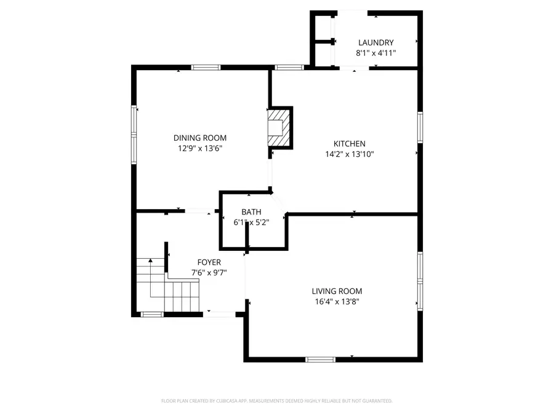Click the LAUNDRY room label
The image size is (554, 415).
[x=375, y=42]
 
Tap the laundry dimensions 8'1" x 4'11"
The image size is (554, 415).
[x=375, y=53]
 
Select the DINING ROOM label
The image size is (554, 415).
[x=200, y=138]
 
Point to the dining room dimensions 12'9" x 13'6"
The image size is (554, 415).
[x=200, y=148]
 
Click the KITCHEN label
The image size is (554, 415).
[x=350, y=143]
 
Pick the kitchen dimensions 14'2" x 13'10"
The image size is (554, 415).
[x=350, y=154]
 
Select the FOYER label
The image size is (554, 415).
[x=209, y=263]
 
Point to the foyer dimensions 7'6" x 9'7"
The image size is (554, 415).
[x=209, y=273]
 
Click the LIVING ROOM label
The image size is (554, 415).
[x=337, y=291]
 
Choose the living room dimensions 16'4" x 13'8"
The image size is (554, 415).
[x=337, y=301]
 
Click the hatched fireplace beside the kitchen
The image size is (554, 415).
[x=278, y=128]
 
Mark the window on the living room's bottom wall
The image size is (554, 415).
[x=320, y=358]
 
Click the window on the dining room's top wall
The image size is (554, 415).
[x=206, y=67]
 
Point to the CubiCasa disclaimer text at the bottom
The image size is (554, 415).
[x=276, y=401]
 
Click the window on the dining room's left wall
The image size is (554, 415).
[x=134, y=135]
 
